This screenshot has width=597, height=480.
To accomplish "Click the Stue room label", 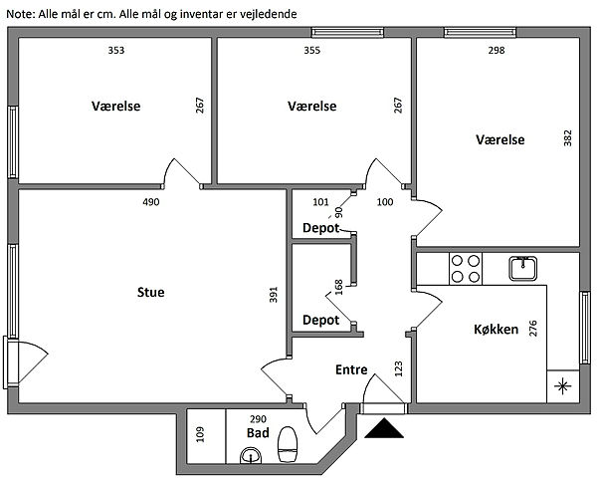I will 151,292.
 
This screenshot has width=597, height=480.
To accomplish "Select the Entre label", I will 351,369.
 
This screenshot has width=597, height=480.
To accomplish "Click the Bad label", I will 258,435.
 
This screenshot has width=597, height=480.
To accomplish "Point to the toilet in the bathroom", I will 289,444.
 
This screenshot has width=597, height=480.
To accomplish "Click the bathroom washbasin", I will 249,457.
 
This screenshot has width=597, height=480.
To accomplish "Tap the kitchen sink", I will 523,267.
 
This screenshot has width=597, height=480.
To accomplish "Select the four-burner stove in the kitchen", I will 466,270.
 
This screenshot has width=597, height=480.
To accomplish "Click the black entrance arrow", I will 385,427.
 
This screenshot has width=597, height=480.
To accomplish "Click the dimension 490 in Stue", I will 151,202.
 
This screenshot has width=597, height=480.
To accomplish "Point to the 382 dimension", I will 568,138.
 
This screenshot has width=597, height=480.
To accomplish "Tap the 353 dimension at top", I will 116,50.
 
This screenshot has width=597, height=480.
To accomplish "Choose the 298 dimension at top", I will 496,50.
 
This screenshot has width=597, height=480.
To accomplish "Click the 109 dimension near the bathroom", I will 199,434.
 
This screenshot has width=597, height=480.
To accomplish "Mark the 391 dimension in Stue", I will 274,295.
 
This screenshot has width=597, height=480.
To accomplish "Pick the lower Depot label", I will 320,321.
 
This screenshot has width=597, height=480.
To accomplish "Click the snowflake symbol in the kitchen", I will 564,386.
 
